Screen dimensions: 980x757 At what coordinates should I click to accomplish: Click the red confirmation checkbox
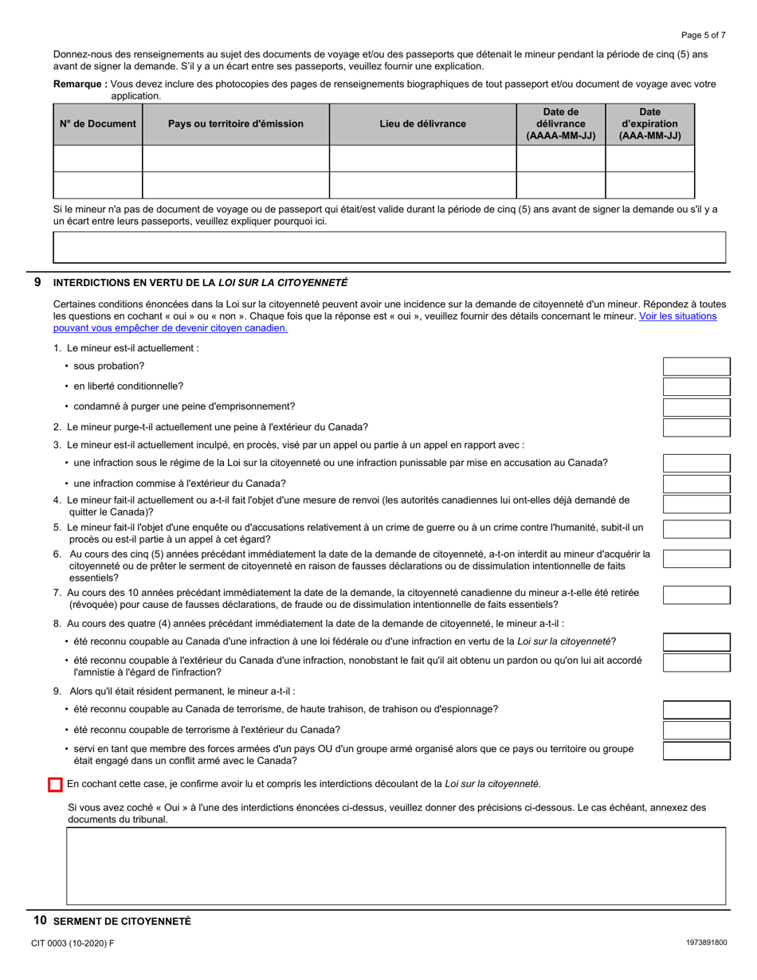55,785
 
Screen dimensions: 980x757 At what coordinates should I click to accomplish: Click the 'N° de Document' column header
98,123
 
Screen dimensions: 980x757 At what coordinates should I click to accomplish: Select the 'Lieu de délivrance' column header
422,123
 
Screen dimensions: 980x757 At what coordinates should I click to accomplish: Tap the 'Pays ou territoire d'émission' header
235,123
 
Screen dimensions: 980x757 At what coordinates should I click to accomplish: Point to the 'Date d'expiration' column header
649,123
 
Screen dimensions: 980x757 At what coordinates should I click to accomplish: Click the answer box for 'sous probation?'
696,367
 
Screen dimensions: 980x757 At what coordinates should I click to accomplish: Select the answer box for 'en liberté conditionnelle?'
696,386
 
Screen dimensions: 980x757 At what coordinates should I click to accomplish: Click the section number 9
38,282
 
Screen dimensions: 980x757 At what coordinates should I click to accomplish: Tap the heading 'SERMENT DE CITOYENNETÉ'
122,921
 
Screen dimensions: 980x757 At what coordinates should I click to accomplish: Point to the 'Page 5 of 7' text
703,35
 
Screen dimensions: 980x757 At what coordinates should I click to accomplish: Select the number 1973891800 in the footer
705,943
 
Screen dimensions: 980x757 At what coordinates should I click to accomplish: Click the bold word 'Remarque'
80,84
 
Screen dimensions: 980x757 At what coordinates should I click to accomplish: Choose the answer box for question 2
696,427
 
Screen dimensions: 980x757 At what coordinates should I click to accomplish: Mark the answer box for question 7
696,594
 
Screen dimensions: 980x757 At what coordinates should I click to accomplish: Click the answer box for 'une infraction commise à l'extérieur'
696,484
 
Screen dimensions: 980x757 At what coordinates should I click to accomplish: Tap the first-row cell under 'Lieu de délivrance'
422,158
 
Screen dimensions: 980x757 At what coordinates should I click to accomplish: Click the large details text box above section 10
395,865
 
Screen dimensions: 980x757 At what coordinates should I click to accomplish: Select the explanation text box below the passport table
389,247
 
